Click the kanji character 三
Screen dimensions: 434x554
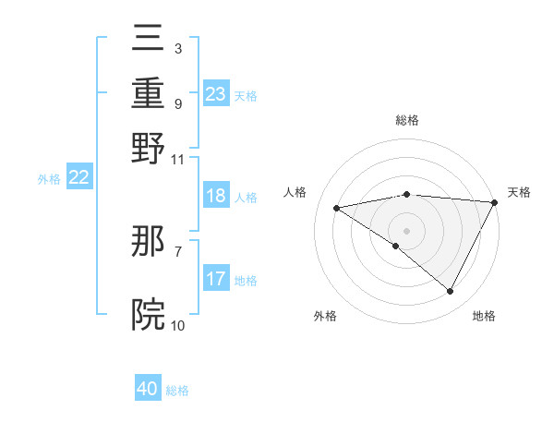click(148, 42)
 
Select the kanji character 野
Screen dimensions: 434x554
click(148, 148)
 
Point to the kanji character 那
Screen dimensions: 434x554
click(148, 242)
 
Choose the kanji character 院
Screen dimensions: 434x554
click(148, 314)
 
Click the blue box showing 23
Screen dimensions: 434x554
click(216, 94)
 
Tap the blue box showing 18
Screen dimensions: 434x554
click(216, 196)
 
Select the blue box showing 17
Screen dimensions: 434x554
click(216, 279)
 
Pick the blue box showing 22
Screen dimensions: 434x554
click(78, 178)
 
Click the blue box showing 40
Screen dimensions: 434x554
click(148, 389)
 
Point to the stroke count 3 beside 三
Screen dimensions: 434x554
click(177, 46)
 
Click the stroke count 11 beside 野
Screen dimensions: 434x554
click(178, 158)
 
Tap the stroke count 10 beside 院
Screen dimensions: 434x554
click(178, 325)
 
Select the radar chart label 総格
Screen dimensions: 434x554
click(406, 120)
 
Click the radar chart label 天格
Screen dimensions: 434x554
click(519, 192)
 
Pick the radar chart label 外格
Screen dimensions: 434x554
click(325, 316)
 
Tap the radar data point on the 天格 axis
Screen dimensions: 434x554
click(495, 201)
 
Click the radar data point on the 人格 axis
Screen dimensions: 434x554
click(336, 208)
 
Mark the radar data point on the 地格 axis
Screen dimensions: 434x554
click(451, 292)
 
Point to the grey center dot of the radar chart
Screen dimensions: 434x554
click(406, 230)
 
